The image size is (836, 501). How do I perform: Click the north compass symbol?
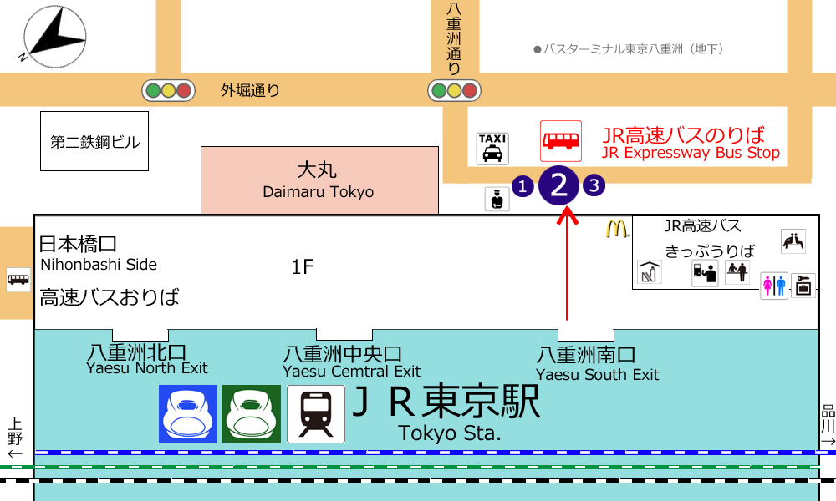pyautogui.click(x=54, y=38)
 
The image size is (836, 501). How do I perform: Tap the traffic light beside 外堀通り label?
pyautogui.click(x=169, y=90)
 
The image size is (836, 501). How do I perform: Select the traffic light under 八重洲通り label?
pyautogui.click(x=454, y=90)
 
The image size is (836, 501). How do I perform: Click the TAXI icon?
pyautogui.click(x=492, y=149)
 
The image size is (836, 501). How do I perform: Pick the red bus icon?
pyautogui.click(x=561, y=141)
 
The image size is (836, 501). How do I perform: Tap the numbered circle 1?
pyautogui.click(x=522, y=186)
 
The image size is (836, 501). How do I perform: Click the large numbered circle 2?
pyautogui.click(x=558, y=185)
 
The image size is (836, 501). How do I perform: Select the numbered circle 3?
pyautogui.click(x=594, y=185)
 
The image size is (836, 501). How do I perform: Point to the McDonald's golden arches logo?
pyautogui.click(x=617, y=229)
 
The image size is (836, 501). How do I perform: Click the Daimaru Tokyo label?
pyautogui.click(x=319, y=192)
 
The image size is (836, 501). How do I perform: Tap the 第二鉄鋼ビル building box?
pyautogui.click(x=94, y=141)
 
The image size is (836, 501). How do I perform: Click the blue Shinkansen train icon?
pyautogui.click(x=188, y=414)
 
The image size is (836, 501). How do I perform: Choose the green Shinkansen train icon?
pyautogui.click(x=252, y=414)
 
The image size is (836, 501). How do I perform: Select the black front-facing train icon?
pyautogui.click(x=316, y=414)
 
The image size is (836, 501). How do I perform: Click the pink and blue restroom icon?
pyautogui.click(x=775, y=286)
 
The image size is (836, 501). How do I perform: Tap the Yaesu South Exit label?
pyautogui.click(x=597, y=375)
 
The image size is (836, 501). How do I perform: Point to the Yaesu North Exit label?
pyautogui.click(x=146, y=368)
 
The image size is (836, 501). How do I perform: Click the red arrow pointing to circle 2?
pyautogui.click(x=568, y=264)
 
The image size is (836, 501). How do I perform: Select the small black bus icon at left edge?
pyautogui.click(x=18, y=280)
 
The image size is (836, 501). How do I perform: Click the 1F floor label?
pyautogui.click(x=303, y=266)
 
